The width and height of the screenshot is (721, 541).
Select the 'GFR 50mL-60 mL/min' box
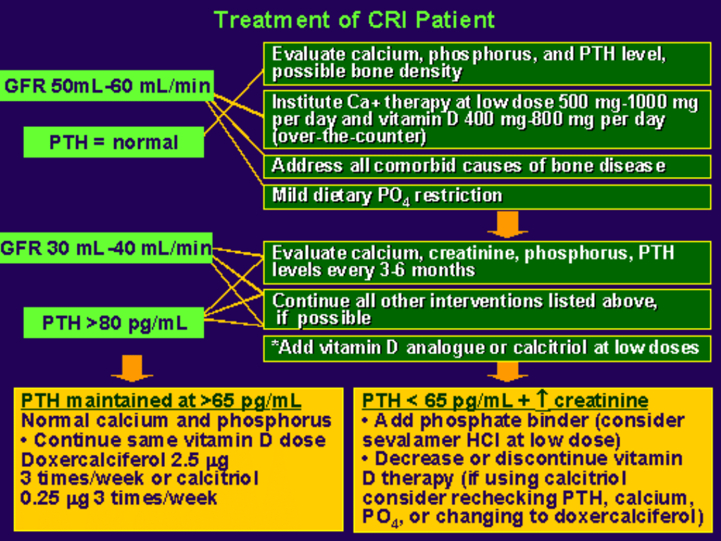(x=107, y=86)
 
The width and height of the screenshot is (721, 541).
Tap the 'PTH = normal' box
(x=113, y=142)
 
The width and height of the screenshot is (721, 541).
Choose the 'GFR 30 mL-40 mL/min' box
(x=105, y=248)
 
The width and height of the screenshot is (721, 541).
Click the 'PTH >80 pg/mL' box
(x=114, y=324)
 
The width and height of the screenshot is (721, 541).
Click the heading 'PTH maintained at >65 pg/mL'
(x=162, y=401)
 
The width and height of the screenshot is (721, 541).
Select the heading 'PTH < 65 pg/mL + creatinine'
(x=505, y=401)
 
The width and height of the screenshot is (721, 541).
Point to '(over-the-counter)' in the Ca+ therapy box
(x=349, y=138)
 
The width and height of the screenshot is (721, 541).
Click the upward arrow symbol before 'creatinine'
(x=541, y=400)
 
